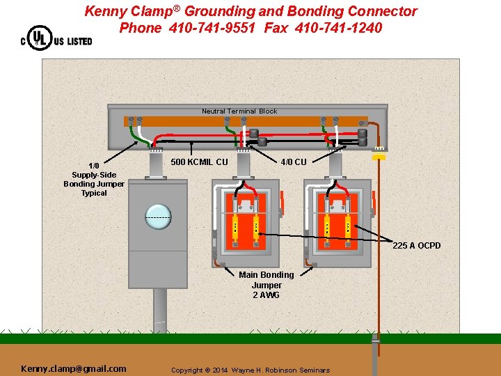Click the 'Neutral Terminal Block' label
tap(239, 111)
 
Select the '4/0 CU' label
tap(293, 162)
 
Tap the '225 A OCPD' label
tap(416, 245)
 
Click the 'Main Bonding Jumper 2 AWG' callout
tap(267, 285)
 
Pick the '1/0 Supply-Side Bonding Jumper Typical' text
tap(94, 180)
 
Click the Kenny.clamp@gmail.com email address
tap(74, 368)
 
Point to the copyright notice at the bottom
tap(250, 370)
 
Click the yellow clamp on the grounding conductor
tap(379, 157)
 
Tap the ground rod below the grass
tap(376, 355)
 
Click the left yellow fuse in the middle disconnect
tap(236, 228)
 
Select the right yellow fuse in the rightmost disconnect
tap(347, 228)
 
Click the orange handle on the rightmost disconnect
tap(374, 202)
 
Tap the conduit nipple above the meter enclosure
tap(156, 164)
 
